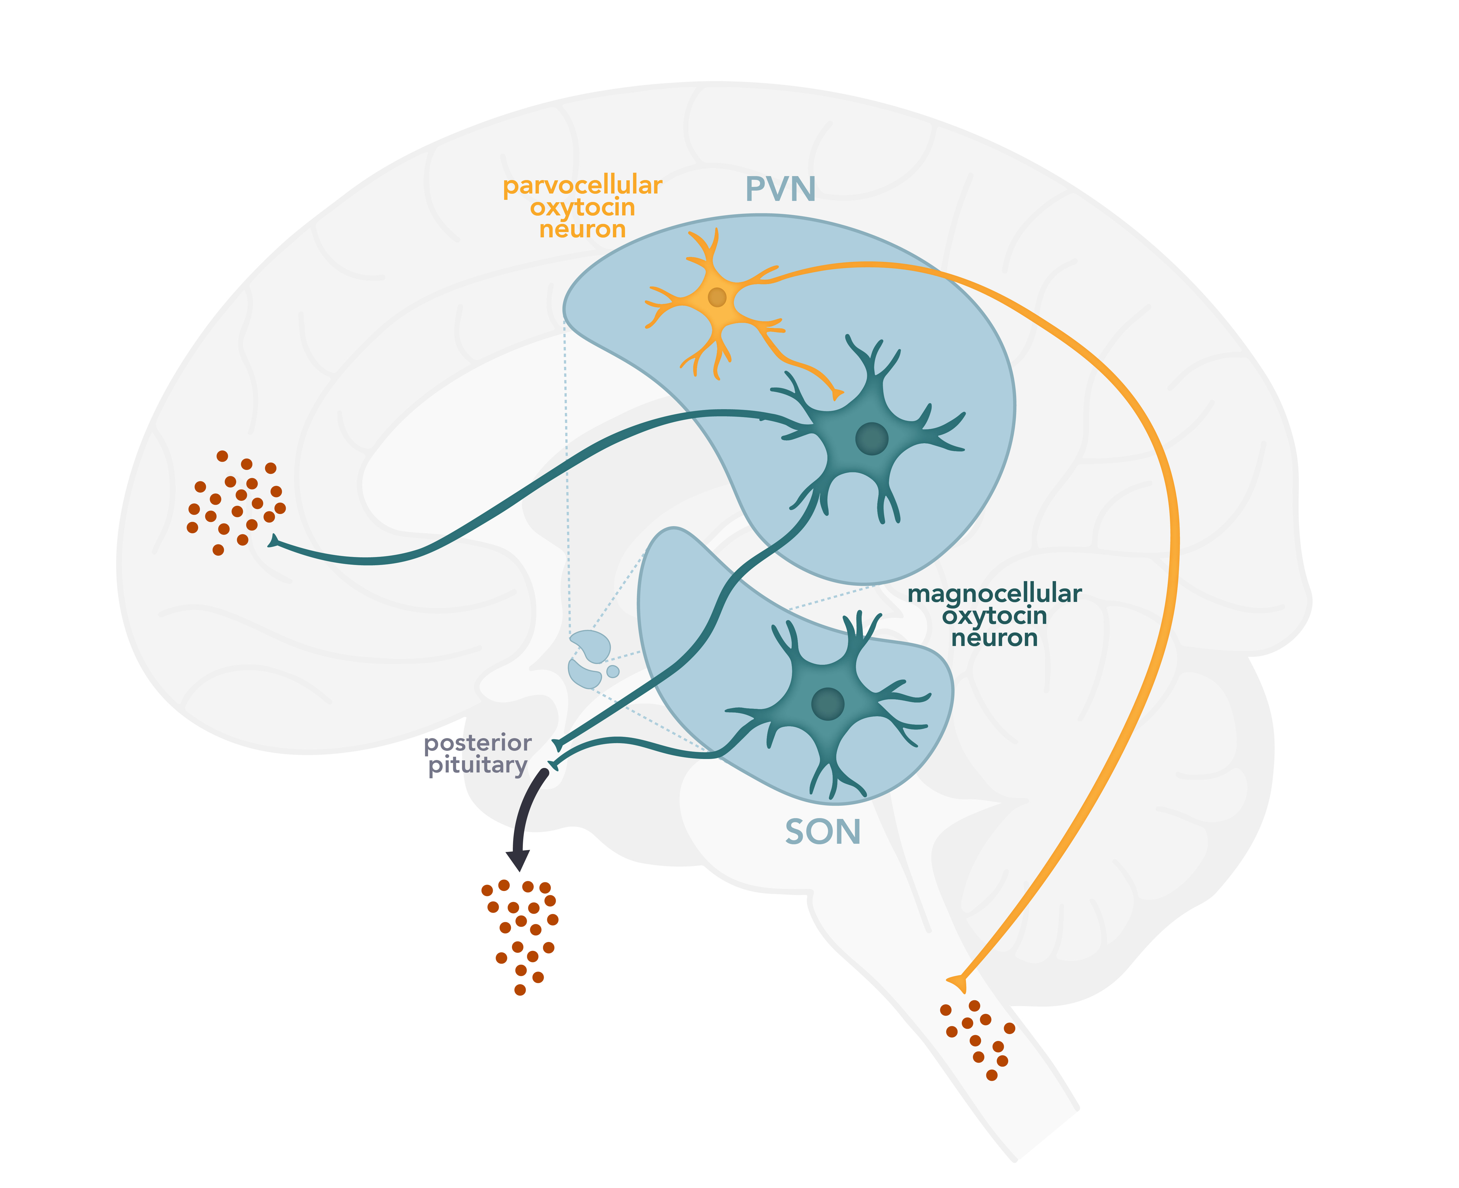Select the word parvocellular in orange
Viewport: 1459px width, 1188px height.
click(582, 185)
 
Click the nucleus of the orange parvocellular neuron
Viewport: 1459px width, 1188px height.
click(716, 297)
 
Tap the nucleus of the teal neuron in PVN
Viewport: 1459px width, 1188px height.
click(871, 439)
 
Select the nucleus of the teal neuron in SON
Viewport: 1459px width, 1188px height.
click(828, 704)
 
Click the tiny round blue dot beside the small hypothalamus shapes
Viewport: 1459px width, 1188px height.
click(613, 671)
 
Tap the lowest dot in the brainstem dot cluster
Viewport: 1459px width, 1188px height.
click(992, 1075)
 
